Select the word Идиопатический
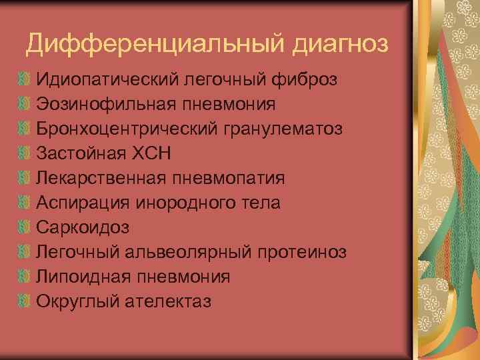pos(104,80)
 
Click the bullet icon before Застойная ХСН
pos(25,154)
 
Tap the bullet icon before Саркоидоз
pos(25,228)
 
